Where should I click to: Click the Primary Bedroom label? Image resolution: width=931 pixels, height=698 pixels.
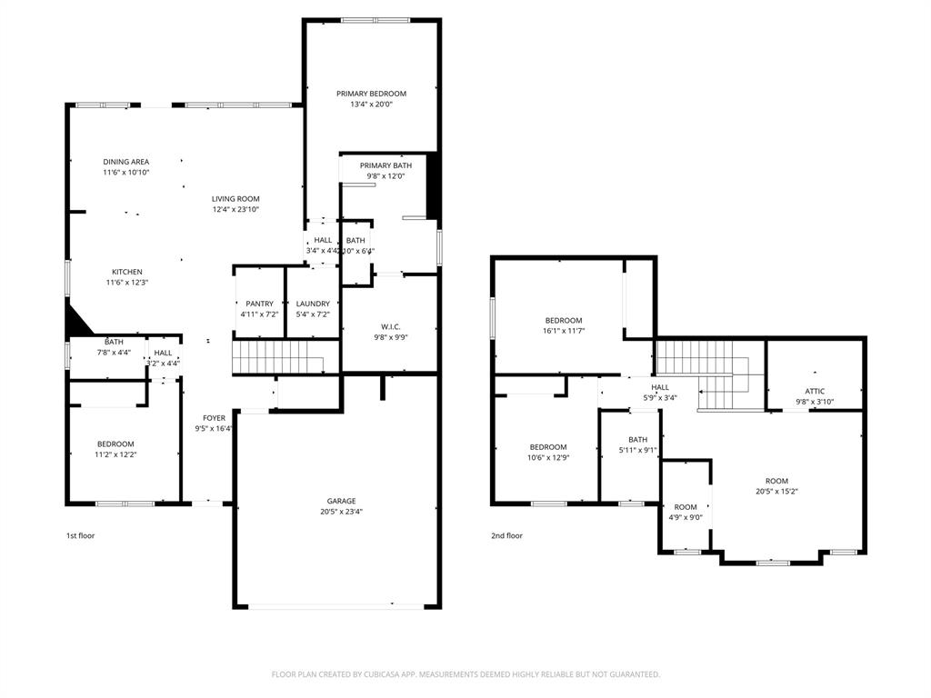point(371,94)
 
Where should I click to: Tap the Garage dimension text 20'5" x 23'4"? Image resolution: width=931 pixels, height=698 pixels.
point(342,512)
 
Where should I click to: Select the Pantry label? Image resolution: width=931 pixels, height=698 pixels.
point(259,304)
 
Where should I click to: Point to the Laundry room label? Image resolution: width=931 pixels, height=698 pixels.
point(313,304)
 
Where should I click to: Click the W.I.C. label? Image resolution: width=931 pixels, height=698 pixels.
point(391,326)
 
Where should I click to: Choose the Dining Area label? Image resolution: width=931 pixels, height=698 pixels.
point(125,162)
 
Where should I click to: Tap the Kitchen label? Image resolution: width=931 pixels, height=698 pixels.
point(127,272)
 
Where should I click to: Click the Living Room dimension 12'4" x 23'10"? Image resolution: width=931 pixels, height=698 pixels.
point(236,209)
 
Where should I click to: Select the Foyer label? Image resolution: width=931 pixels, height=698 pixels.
point(214,418)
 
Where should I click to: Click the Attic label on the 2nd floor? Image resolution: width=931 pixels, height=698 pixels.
point(815,391)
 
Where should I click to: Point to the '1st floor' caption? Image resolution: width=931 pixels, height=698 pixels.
point(80,535)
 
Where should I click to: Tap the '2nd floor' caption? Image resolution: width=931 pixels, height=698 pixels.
point(507,535)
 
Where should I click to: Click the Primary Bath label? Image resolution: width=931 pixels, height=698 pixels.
point(385,165)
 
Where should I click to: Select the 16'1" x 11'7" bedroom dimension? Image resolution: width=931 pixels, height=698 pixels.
point(564,331)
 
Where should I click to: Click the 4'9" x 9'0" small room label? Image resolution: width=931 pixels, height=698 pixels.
point(686,517)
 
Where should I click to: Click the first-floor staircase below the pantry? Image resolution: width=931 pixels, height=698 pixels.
point(277,356)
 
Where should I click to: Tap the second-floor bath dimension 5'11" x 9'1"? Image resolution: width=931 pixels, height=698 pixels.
point(637,450)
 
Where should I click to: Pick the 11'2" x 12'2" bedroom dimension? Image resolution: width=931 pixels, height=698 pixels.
point(115,454)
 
